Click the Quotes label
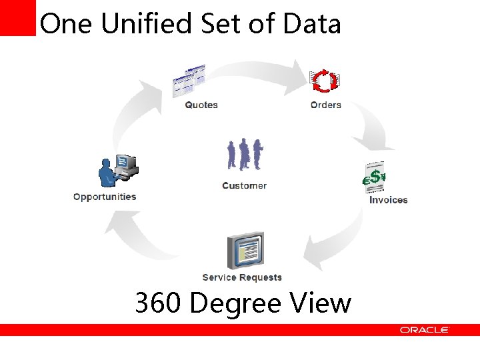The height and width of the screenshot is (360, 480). [201, 105]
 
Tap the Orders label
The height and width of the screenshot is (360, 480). [325, 105]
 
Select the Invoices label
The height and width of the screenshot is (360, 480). [388, 200]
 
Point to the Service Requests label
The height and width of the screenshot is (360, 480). [242, 277]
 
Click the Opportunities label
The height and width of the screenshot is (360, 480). [105, 197]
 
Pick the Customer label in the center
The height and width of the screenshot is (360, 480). [244, 185]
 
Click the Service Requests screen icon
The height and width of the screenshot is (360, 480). [245, 251]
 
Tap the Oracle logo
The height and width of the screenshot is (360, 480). [424, 330]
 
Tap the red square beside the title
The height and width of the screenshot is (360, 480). [17, 17]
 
